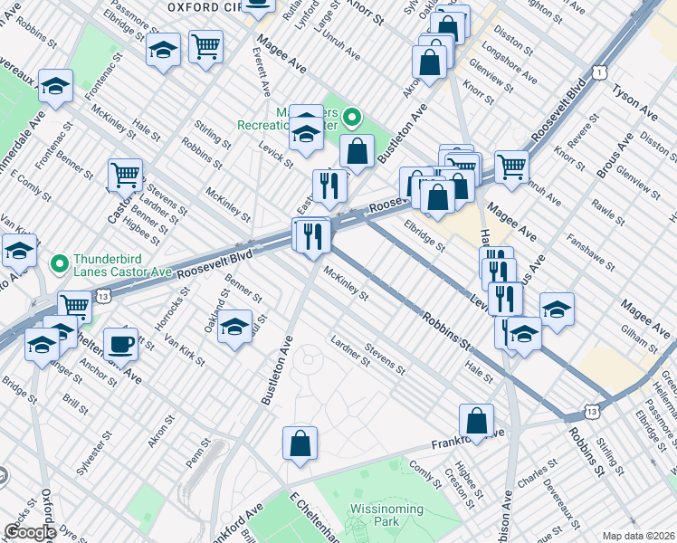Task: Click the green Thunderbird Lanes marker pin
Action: [61, 265]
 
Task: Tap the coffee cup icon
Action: [121, 345]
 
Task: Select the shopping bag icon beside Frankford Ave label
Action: [476, 421]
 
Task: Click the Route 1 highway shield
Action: [598, 71]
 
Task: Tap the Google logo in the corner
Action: [29, 532]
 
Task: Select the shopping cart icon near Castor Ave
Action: [125, 176]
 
